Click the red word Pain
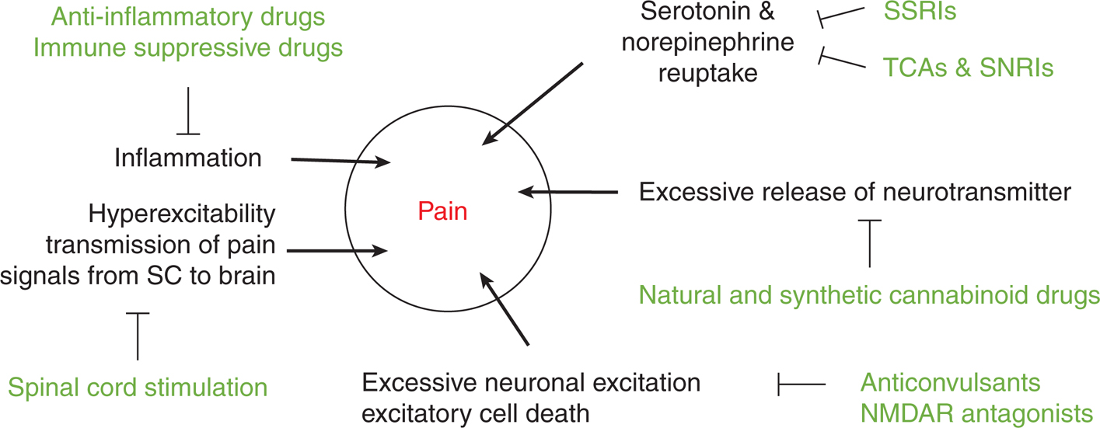tap(442, 211)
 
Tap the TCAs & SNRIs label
tap(968, 68)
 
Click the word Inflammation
tap(187, 158)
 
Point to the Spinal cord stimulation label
tap(138, 386)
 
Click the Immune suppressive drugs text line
tap(187, 48)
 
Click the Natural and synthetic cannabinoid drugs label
tap(869, 295)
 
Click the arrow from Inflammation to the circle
tap(340, 162)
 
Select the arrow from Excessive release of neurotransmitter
tap(567, 191)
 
